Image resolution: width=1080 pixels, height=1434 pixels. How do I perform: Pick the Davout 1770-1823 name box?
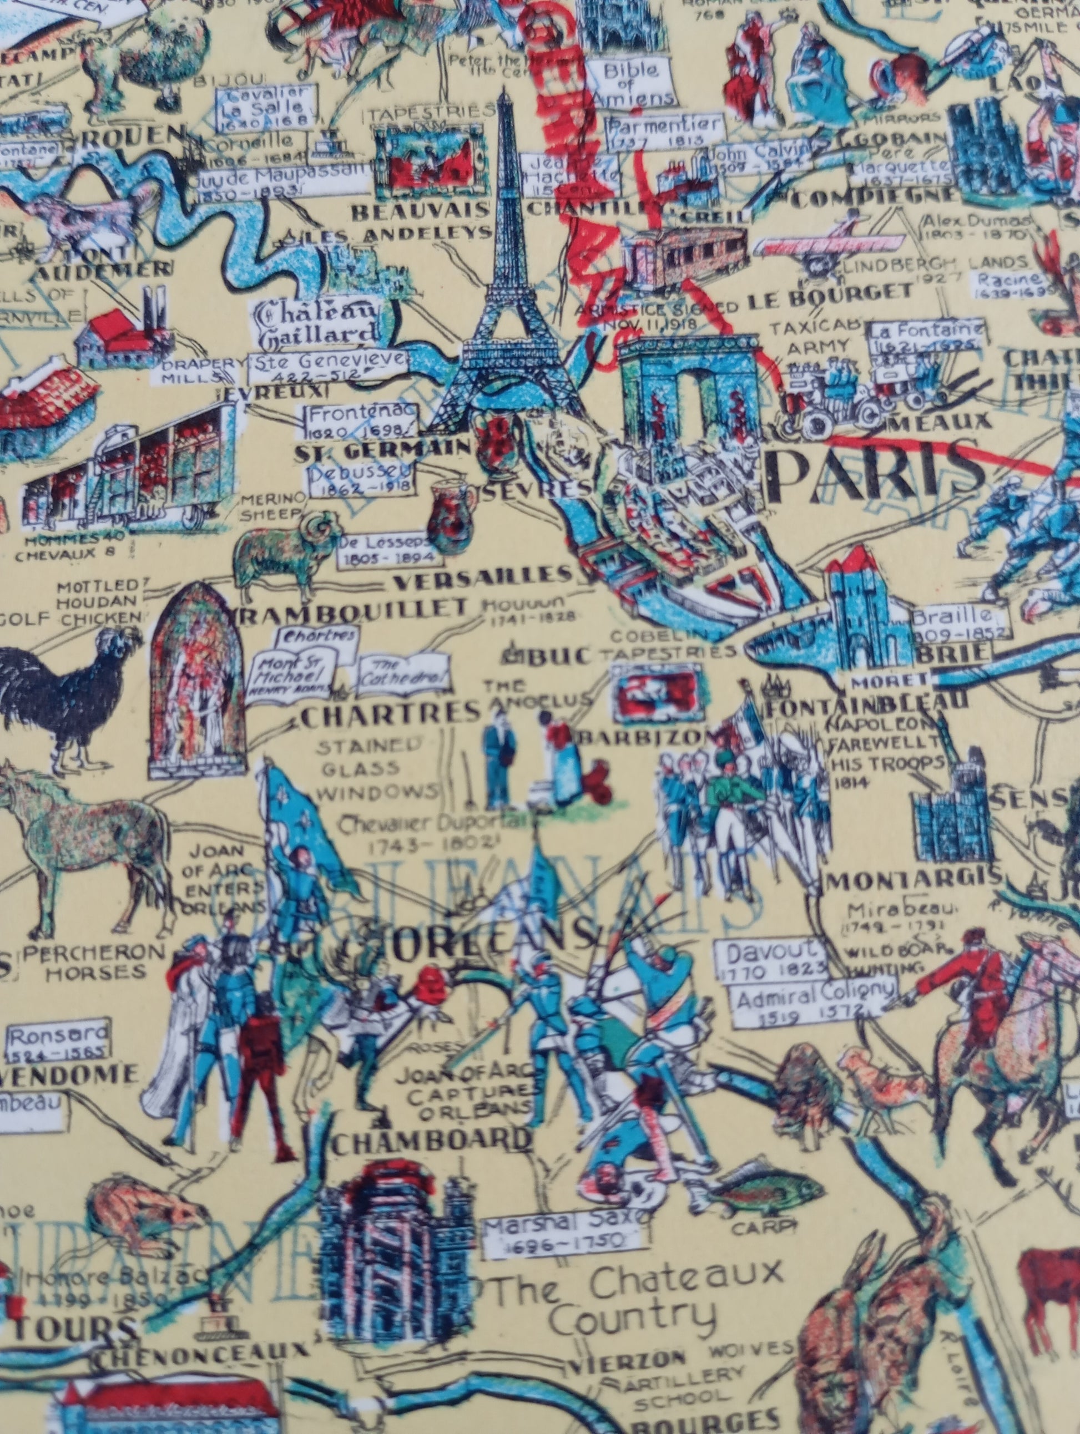772,960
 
